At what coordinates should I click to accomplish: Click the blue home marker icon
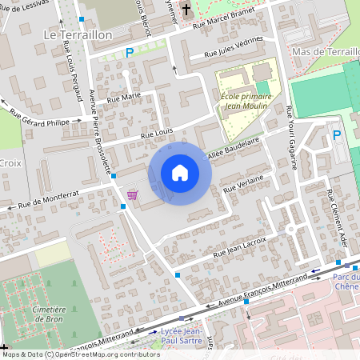tap(180, 172)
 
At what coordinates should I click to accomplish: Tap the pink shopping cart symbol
tap(132, 194)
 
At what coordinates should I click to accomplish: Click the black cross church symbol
tap(186, 10)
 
